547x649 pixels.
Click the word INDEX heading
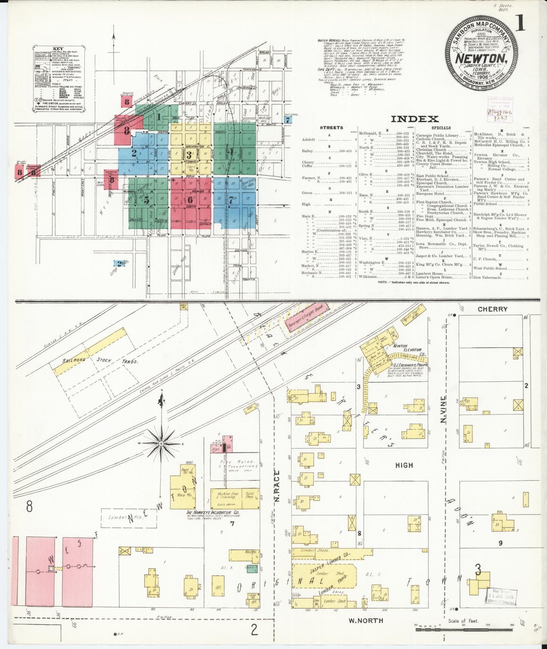pyautogui.click(x=415, y=119)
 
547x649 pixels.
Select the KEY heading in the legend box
pyautogui.click(x=58, y=49)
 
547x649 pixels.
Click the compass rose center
pyautogui.click(x=161, y=443)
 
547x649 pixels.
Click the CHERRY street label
pyautogui.click(x=492, y=309)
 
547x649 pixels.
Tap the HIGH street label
pyautogui.click(x=404, y=465)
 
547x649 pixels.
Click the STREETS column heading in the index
pyautogui.click(x=332, y=128)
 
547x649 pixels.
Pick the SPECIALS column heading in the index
pyautogui.click(x=441, y=128)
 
